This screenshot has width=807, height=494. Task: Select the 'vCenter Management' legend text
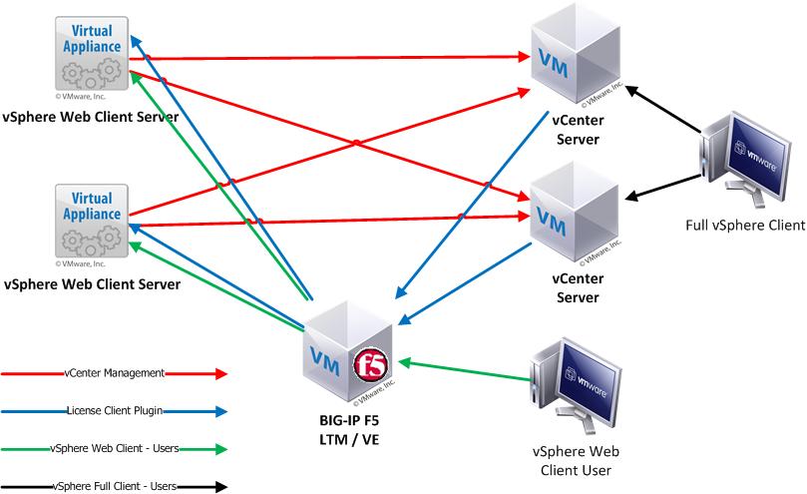[x=113, y=373]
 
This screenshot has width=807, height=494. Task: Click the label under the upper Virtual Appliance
[x=91, y=117]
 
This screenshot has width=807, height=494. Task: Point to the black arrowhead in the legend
[x=219, y=487]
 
